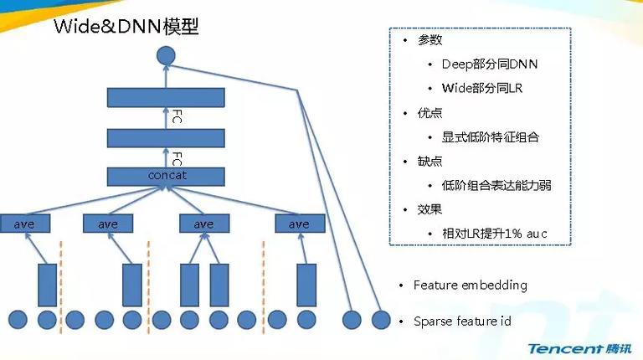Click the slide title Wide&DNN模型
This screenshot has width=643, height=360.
pyautogui.click(x=126, y=27)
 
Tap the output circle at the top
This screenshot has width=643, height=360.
pyautogui.click(x=166, y=56)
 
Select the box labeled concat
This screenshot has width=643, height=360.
pyautogui.click(x=166, y=177)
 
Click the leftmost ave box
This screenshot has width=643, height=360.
pyautogui.click(x=25, y=224)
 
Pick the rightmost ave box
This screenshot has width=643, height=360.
pyautogui.click(x=300, y=224)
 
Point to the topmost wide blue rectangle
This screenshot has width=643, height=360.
pyautogui.click(x=166, y=98)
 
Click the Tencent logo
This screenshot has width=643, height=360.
pyautogui.click(x=579, y=348)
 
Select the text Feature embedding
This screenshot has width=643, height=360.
pyautogui.click(x=471, y=285)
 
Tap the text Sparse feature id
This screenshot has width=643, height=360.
pyautogui.click(x=462, y=321)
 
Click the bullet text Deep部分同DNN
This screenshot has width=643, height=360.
pyautogui.click(x=490, y=64)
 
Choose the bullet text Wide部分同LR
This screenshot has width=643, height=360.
pyautogui.click(x=482, y=88)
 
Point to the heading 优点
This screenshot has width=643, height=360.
pyautogui.click(x=430, y=113)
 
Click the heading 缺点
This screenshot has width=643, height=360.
pyautogui.click(x=430, y=161)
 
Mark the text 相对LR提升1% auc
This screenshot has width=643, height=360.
pyautogui.click(x=495, y=234)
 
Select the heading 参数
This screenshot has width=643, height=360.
pyautogui.click(x=430, y=40)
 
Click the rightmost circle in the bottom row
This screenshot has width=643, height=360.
pyautogui.click(x=381, y=320)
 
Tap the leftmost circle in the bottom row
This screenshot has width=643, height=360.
pyautogui.click(x=18, y=320)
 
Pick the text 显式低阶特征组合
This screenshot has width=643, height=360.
pyautogui.click(x=490, y=137)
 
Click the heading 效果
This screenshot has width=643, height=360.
pyautogui.click(x=430, y=209)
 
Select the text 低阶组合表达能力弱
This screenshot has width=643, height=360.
pyautogui.click(x=496, y=185)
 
